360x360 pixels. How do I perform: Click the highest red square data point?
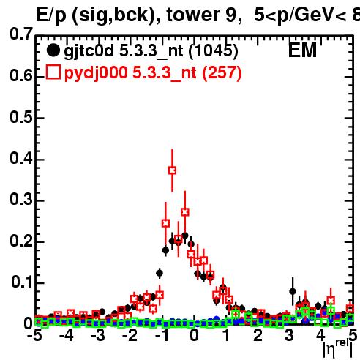[x=172, y=170]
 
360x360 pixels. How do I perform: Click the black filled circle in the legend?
[x=53, y=50]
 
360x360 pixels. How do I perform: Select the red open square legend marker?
[x=53, y=72]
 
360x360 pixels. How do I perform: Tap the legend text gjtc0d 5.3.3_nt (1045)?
[x=151, y=51]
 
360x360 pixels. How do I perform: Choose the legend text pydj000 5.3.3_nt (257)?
[x=153, y=72]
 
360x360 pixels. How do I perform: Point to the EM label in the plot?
[x=302, y=50]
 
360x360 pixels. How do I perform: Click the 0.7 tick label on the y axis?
[x=21, y=34]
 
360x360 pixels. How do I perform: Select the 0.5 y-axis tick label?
[x=21, y=117]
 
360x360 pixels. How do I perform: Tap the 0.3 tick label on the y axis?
[x=21, y=200]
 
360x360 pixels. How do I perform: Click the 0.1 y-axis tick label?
[x=22, y=282]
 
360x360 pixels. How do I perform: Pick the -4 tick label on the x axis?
[x=67, y=335]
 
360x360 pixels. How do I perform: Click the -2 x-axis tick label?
[x=130, y=335]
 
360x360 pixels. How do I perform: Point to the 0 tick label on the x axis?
[x=194, y=335]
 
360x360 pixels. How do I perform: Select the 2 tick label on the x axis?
[x=258, y=335]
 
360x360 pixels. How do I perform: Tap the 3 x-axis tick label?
[x=290, y=335]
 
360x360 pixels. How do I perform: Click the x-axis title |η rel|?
[x=338, y=349]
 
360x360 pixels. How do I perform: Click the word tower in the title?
[x=193, y=15]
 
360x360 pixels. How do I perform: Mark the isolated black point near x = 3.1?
[x=293, y=291]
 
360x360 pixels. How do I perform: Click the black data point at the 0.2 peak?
[x=185, y=236]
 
